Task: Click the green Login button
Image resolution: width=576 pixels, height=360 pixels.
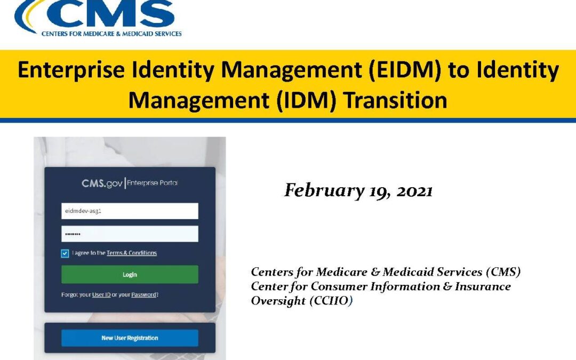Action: pos(130,275)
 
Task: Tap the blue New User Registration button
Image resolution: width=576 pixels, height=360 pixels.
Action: pos(130,338)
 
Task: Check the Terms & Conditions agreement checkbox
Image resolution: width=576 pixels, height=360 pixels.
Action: pos(65,253)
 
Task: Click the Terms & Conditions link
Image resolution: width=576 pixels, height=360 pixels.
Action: pos(132,253)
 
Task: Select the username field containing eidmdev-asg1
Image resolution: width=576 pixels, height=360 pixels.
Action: pos(130,211)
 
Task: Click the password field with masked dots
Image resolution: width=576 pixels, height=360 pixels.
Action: pos(130,234)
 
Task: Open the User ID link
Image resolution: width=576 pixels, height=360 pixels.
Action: pos(101,294)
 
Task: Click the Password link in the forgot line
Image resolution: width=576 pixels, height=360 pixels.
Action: pos(143,294)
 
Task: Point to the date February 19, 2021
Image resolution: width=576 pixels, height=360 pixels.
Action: pos(358,190)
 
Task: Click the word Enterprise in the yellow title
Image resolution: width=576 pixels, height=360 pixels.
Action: pos(71,70)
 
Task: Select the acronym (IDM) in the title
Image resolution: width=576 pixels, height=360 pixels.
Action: pos(306,100)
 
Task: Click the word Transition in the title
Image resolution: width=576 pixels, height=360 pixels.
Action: pos(396,100)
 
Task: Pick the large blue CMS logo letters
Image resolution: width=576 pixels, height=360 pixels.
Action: pos(110,13)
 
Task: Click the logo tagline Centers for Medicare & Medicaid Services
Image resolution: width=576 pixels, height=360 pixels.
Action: pos(111,34)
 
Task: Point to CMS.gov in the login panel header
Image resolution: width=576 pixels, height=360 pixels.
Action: pos(102,183)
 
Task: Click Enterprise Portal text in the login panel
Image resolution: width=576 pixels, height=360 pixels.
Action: pos(152,182)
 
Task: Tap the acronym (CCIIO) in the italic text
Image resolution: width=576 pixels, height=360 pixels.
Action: pos(331,301)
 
